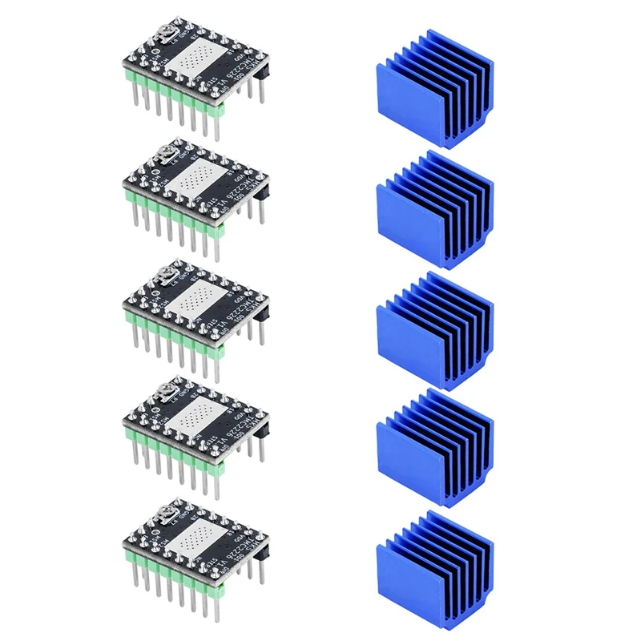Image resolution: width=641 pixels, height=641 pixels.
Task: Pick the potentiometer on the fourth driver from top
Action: tap(166, 390)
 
